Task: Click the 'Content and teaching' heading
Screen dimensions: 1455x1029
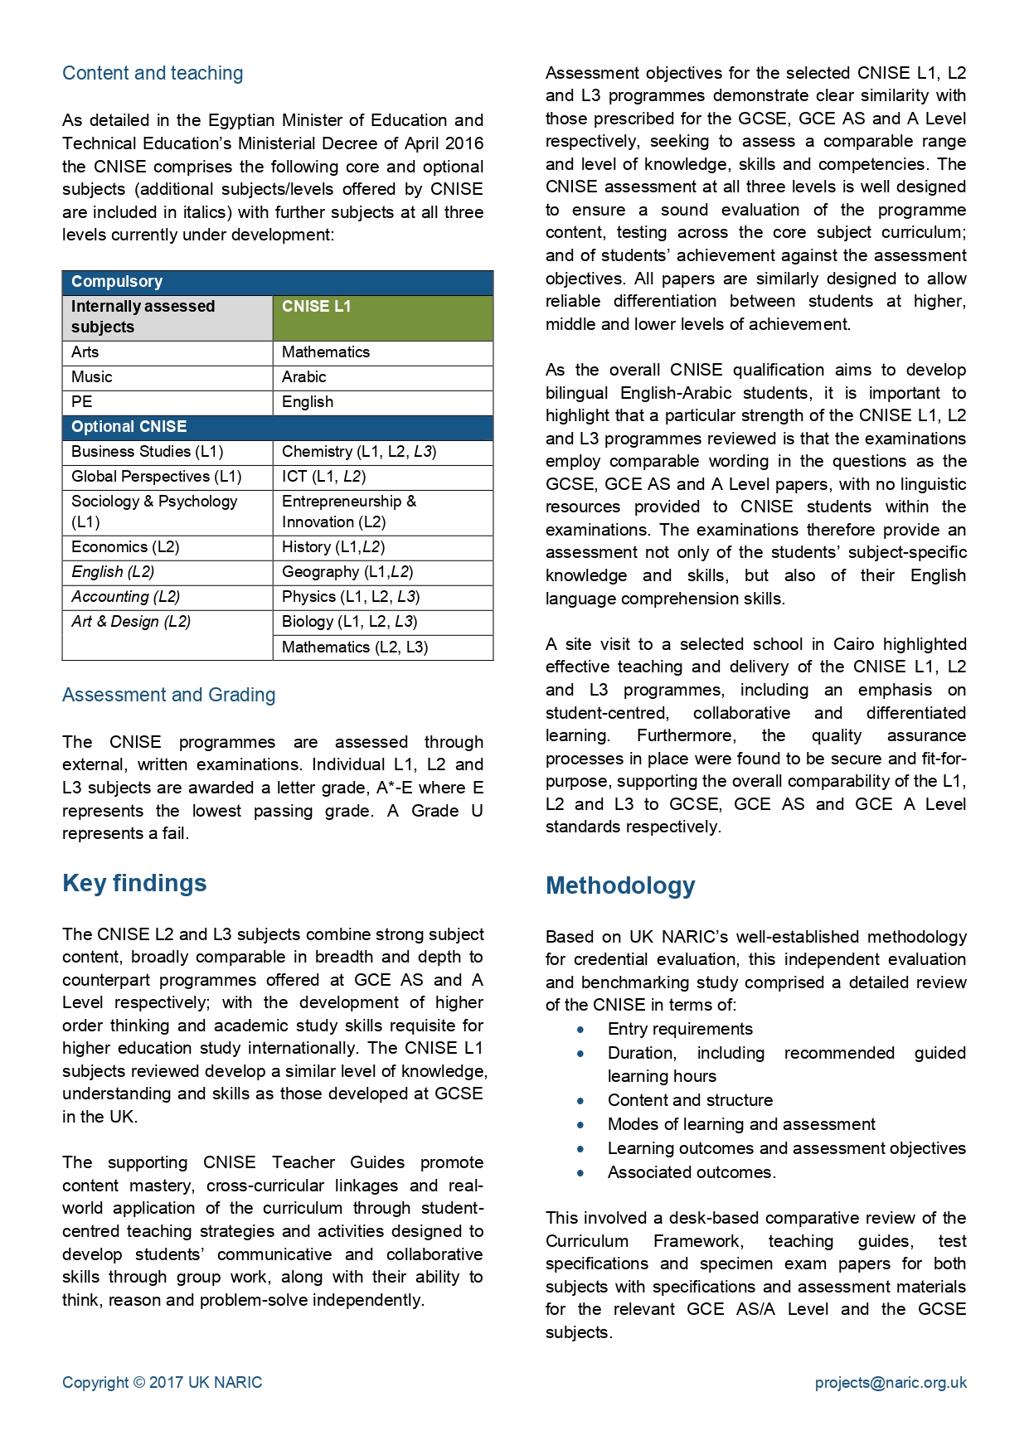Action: pos(153,73)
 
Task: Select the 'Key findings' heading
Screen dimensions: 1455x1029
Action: pos(134,883)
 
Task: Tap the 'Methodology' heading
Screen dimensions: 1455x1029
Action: pos(620,885)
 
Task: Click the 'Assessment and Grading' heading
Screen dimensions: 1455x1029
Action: pos(168,695)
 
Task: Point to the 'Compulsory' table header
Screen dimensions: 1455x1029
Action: pos(117,282)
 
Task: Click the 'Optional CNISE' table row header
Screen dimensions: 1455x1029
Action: pos(129,427)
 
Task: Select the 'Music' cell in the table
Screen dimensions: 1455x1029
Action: pos(92,377)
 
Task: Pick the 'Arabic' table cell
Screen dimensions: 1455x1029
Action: pos(304,377)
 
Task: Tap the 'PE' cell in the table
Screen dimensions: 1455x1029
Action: pos(82,402)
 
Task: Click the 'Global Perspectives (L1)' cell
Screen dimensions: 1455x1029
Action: pos(156,477)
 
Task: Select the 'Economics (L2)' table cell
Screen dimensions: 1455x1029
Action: pos(125,547)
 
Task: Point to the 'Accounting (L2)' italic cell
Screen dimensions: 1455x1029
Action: pos(125,597)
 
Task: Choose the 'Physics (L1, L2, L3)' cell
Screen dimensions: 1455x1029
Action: pos(351,597)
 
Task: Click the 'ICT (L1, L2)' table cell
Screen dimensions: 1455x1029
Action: pos(323,477)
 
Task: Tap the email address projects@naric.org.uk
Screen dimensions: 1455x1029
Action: pos(891,1382)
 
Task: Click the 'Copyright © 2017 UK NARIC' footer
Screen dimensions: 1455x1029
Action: pos(162,1382)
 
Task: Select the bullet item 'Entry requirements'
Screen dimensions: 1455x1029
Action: pos(680,1029)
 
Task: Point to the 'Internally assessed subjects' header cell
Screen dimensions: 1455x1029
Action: pos(143,317)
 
